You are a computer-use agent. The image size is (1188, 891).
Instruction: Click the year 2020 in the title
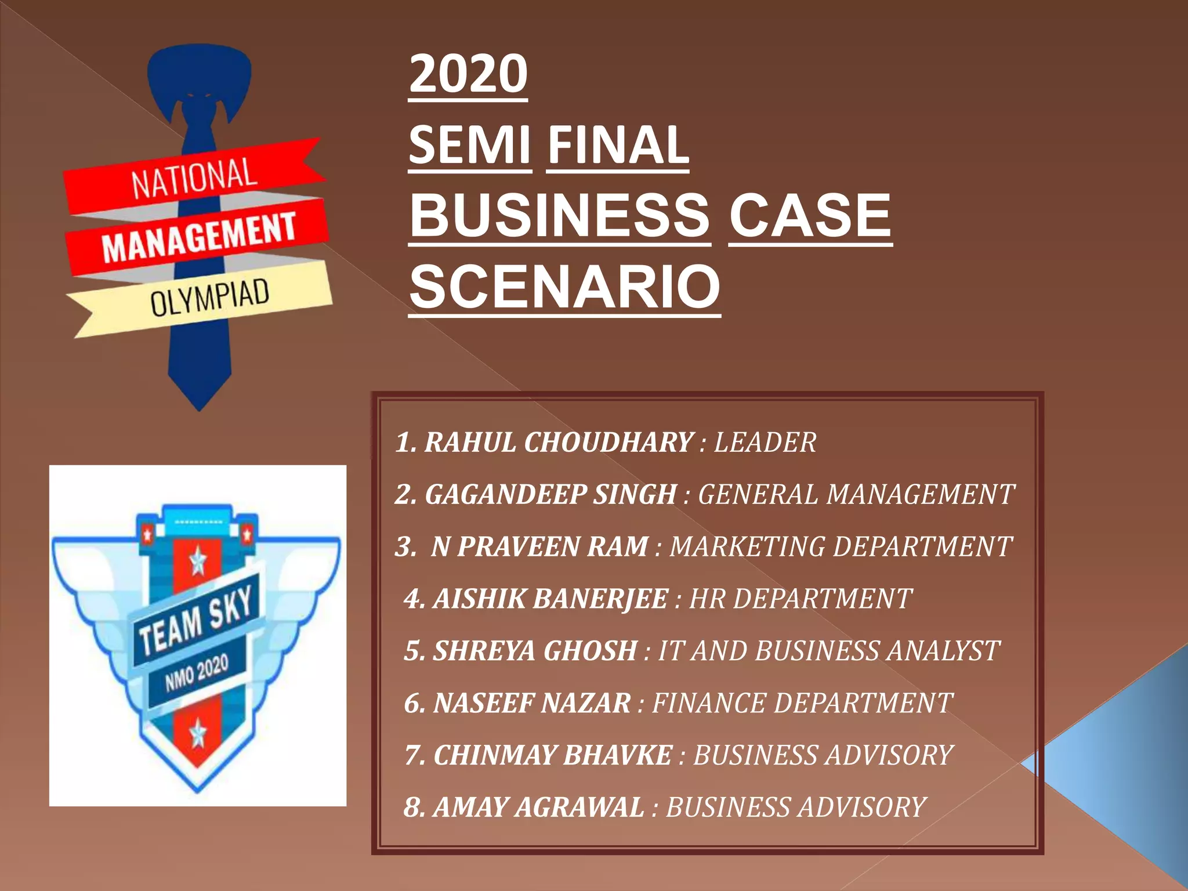(x=468, y=74)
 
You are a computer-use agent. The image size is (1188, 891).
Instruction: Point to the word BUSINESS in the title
(x=559, y=215)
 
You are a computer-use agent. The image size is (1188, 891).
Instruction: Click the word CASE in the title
(x=810, y=215)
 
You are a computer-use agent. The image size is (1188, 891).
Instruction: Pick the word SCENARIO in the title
(x=564, y=287)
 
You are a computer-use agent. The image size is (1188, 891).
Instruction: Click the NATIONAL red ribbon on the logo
(x=194, y=178)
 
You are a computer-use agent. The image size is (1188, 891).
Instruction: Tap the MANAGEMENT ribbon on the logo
(x=198, y=237)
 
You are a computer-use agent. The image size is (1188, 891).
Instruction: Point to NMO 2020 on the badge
(x=197, y=673)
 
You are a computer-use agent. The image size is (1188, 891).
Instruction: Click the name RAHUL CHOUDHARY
(x=559, y=443)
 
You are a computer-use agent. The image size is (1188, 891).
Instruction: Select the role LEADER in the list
(x=765, y=443)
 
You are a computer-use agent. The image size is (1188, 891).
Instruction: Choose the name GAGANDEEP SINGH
(x=551, y=495)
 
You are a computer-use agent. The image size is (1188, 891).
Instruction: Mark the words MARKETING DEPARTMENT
(x=841, y=546)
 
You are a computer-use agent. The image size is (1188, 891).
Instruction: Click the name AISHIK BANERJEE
(x=550, y=599)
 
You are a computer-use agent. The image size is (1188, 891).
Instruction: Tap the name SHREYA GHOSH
(x=535, y=651)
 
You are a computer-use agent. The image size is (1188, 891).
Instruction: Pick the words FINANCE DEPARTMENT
(x=802, y=703)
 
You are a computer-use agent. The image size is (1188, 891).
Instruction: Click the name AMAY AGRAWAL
(x=538, y=807)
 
